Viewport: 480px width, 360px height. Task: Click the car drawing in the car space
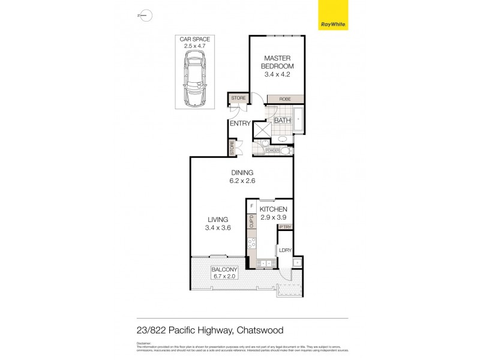point(195,78)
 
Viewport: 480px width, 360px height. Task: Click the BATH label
point(282,120)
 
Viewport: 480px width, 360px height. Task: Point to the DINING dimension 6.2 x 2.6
point(239,181)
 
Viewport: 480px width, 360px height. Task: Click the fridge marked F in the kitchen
point(251,206)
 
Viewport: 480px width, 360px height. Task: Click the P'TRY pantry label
point(285,227)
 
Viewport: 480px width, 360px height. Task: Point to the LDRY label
point(285,250)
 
